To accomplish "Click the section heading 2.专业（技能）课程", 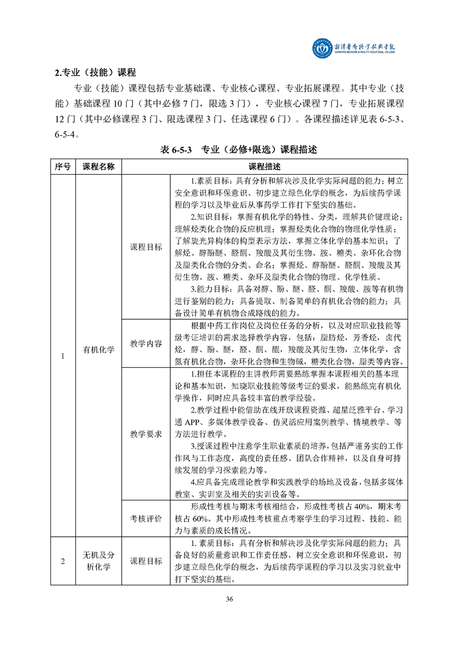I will pyautogui.click(x=95, y=73).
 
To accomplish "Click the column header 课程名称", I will pyautogui.click(x=98, y=167).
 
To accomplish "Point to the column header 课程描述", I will pyautogui.click(x=264, y=167).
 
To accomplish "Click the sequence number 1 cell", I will pyautogui.click(x=63, y=355).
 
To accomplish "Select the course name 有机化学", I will pyautogui.click(x=98, y=349).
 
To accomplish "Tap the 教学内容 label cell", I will pyautogui.click(x=146, y=344).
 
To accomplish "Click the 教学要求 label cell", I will pyautogui.click(x=146, y=433).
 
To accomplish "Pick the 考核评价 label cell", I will pyautogui.click(x=146, y=518).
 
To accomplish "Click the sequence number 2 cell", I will pyautogui.click(x=63, y=561).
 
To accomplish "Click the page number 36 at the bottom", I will pyautogui.click(x=229, y=599).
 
